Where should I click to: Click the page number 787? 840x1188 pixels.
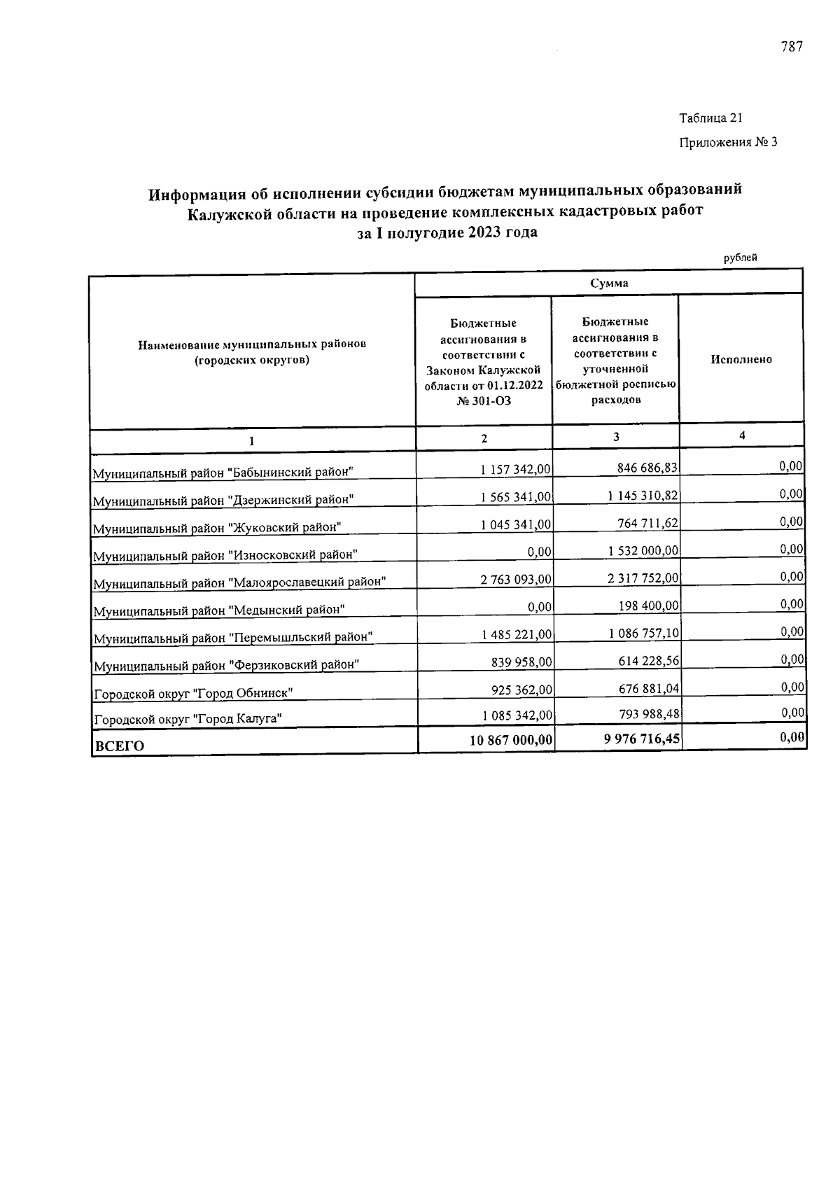(791, 47)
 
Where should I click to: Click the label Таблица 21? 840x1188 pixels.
(710, 118)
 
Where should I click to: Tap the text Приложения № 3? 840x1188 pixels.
(728, 143)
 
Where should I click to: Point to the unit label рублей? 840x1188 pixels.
(740, 258)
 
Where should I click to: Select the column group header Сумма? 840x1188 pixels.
(608, 284)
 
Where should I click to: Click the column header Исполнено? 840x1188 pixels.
(741, 359)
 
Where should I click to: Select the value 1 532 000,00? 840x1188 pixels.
(643, 551)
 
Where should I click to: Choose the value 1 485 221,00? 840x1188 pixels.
(516, 634)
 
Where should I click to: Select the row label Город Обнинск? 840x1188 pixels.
(193, 693)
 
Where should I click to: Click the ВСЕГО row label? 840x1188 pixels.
(119, 746)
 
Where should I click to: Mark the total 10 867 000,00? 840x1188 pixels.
(511, 740)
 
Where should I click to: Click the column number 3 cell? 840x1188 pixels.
(616, 437)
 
